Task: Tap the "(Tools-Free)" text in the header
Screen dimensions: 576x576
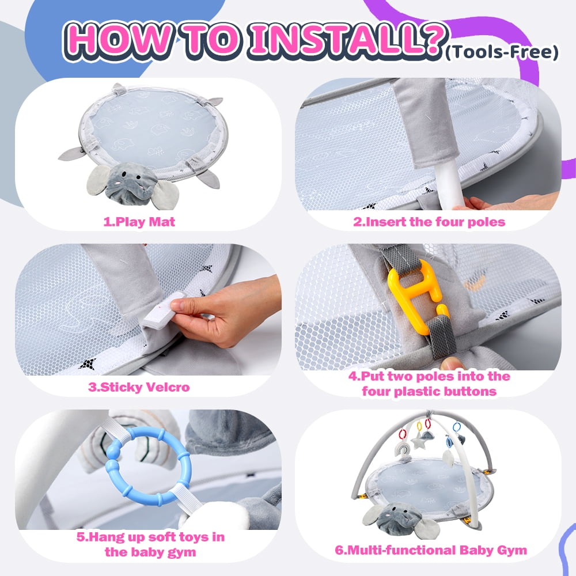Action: [x=502, y=52]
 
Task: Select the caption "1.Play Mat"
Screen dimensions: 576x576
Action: [x=139, y=222]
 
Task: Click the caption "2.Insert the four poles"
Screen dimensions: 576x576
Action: [x=429, y=222]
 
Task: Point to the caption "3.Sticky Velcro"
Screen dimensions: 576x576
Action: [x=139, y=387]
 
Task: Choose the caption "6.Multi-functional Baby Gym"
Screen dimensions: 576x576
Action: [x=431, y=550]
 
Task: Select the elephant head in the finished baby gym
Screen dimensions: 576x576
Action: [x=400, y=518]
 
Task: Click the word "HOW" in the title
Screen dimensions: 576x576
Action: [x=119, y=40]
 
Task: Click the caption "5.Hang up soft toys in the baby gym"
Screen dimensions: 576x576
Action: [x=150, y=544]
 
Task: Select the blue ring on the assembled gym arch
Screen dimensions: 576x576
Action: [x=457, y=427]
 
